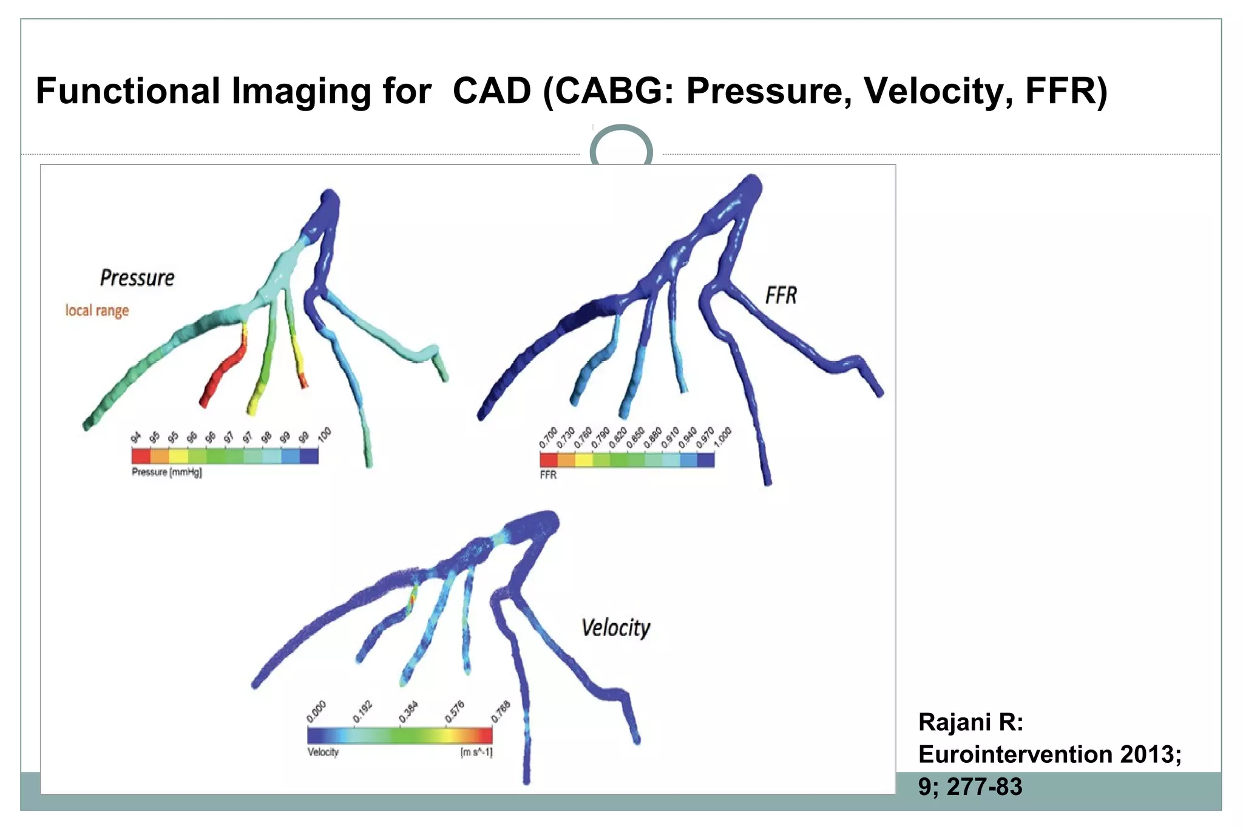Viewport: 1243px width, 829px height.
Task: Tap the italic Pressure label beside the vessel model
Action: coord(137,278)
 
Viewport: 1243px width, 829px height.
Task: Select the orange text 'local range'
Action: coord(97,311)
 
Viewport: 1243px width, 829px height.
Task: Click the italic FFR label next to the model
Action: coord(781,296)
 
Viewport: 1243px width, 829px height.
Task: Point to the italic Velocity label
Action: coord(615,628)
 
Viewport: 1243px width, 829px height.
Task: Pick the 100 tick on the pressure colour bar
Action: coord(324,435)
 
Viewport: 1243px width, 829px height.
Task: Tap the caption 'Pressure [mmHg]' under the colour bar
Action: coord(167,472)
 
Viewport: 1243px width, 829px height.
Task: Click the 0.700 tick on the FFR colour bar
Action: coord(547,438)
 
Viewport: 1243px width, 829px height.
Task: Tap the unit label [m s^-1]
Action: coord(476,753)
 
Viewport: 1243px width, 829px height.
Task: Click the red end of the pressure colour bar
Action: coord(141,456)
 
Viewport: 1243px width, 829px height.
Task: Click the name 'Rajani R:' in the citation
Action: coord(970,722)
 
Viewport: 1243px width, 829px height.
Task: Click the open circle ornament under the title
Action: coord(621,148)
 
